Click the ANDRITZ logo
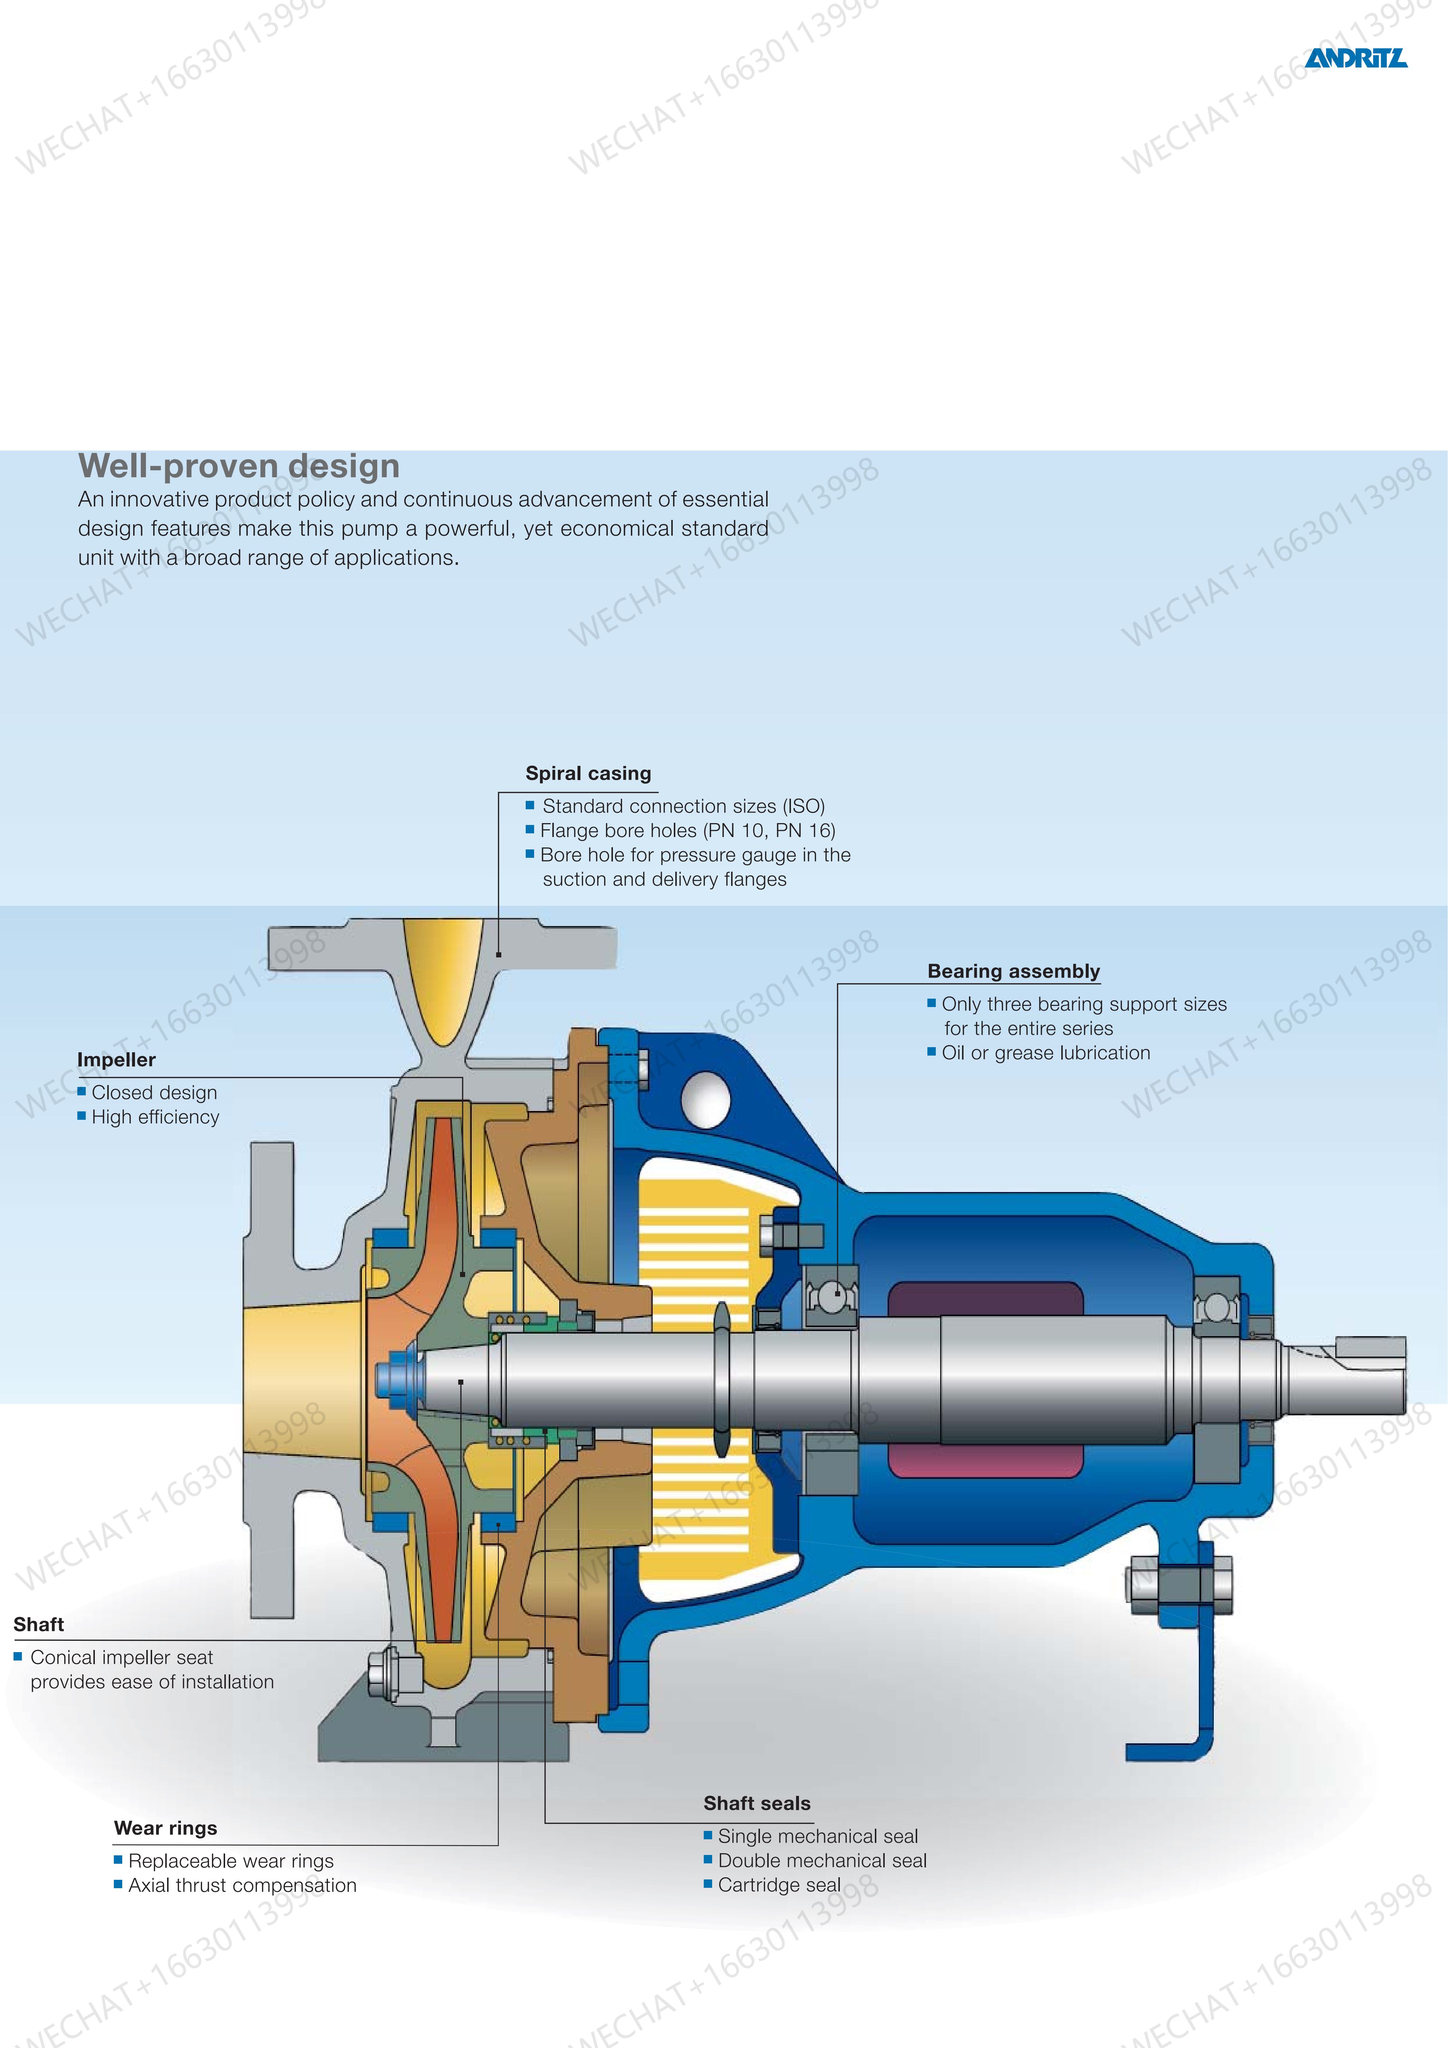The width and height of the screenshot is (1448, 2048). pos(1355,58)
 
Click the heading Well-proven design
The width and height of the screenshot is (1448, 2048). pos(239,466)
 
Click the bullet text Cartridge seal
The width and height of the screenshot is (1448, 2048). pos(779,1885)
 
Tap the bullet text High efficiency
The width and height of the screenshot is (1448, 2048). pos(155,1117)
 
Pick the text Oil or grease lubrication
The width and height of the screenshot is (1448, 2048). pos(1045,1053)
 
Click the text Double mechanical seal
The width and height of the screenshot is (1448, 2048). pos(821,1861)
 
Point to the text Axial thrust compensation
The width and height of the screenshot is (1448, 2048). pos(242,1885)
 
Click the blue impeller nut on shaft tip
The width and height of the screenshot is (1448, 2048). pos(397,1372)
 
